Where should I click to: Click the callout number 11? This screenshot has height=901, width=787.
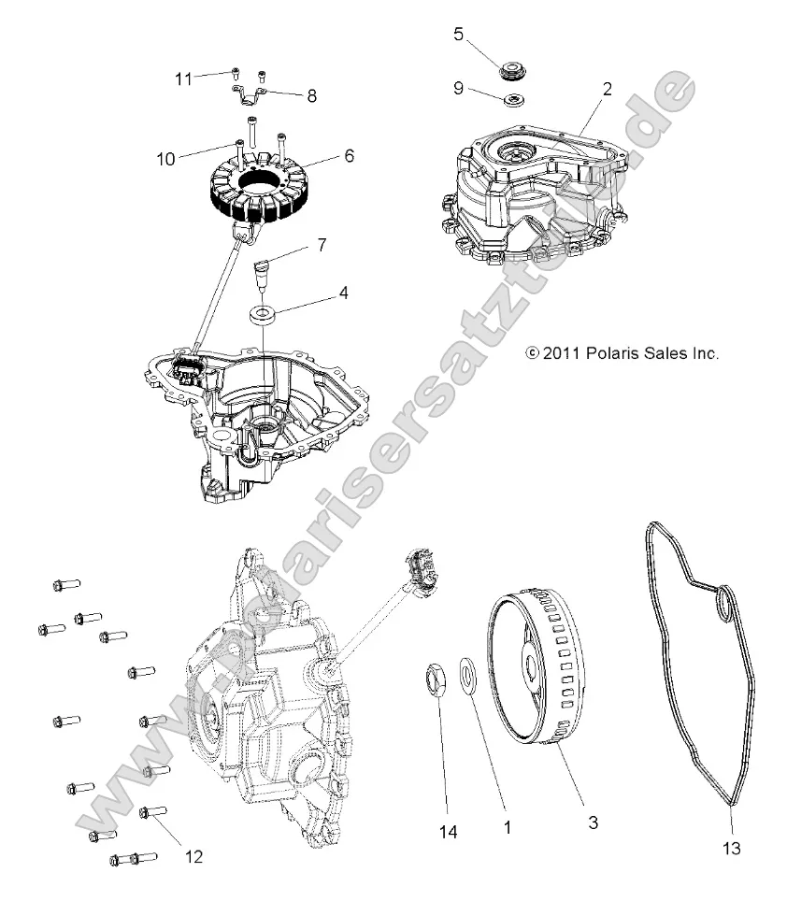pyautogui.click(x=182, y=79)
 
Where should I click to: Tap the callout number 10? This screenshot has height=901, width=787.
pyautogui.click(x=165, y=159)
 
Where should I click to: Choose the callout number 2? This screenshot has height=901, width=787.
pyautogui.click(x=608, y=90)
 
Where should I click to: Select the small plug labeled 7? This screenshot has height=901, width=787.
pyautogui.click(x=262, y=276)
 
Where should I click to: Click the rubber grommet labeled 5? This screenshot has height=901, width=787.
pyautogui.click(x=512, y=69)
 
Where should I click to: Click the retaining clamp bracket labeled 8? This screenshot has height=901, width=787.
pyautogui.click(x=249, y=93)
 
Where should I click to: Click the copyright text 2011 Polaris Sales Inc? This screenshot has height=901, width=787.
pyautogui.click(x=622, y=354)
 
